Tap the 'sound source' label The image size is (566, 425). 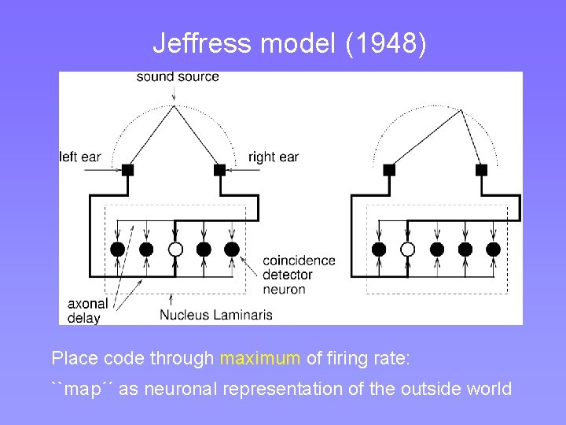pos(178,76)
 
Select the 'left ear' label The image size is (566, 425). pos(80,157)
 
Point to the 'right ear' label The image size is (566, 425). pos(273,157)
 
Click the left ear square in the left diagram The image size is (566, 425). pos(127,169)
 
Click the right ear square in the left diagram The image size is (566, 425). pos(220,169)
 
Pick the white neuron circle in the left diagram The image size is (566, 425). pos(175,249)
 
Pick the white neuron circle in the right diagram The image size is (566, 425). pos(407,249)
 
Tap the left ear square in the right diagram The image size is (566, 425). pos(389,169)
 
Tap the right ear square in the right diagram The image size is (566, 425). pos(481,169)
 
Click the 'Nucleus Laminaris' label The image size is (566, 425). pos(216,315)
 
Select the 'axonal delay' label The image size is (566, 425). pos(83,310)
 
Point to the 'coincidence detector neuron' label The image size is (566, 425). pos(298,275)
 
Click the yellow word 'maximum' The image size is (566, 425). pos(259,359)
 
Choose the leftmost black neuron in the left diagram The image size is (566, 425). pos(117,249)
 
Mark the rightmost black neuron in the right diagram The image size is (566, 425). pos(494,249)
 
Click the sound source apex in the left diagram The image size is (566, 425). pos(174,105)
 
